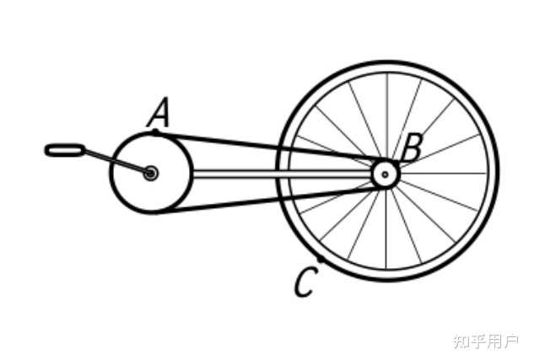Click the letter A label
[x=159, y=112]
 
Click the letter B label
[x=412, y=148]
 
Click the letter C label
[x=306, y=282]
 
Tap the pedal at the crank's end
[x=65, y=150]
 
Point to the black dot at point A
[x=155, y=132]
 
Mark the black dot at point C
[x=320, y=260]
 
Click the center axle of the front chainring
[x=150, y=173]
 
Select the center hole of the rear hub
[x=385, y=175]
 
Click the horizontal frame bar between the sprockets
[x=282, y=174]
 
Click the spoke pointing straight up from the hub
[x=386, y=116]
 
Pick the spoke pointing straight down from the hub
[x=386, y=229]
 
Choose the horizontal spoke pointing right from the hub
[x=443, y=174]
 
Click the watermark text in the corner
[x=486, y=341]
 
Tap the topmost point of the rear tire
[x=387, y=62]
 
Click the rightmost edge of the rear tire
[x=497, y=171]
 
